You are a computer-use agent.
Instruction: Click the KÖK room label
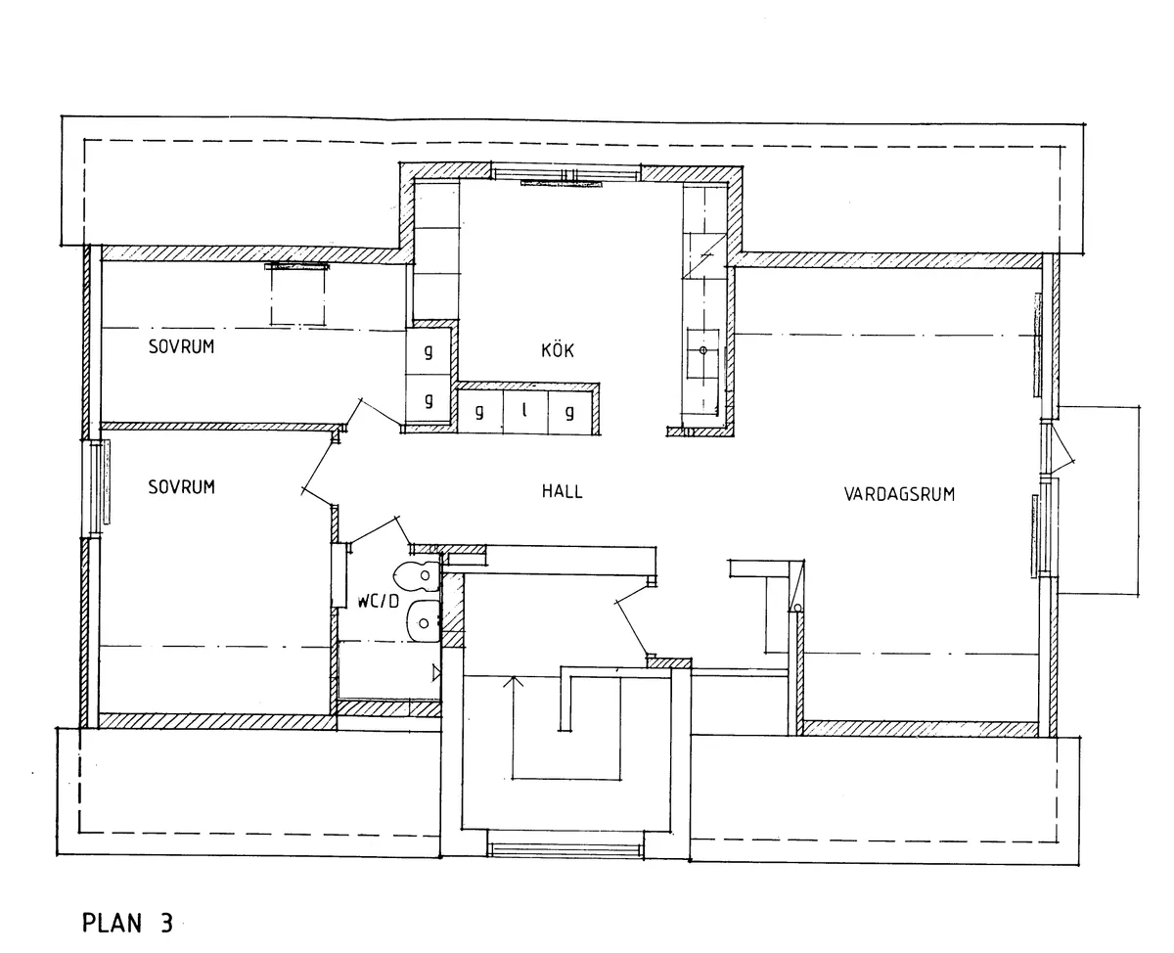pos(558,349)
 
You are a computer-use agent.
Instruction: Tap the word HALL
pos(562,491)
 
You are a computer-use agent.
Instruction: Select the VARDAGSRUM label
pos(899,494)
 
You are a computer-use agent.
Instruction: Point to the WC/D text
pos(378,602)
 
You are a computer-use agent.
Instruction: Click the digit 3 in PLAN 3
pos(166,923)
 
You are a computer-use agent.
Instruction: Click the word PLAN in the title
pos(112,923)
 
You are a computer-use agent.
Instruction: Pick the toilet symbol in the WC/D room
pos(417,575)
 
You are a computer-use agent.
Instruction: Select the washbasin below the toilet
pos(423,621)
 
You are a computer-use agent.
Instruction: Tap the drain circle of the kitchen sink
pos(702,350)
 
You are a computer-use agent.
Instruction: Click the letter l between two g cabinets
pos(524,410)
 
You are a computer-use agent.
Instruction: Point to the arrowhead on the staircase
pos(514,681)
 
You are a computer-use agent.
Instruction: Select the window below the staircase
pos(564,850)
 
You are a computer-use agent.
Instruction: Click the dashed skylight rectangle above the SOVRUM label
pos(297,295)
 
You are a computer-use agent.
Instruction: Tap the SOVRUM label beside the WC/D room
pos(181,487)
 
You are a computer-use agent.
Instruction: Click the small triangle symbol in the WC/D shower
pos(436,672)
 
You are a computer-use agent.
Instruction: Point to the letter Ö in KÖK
pos(558,349)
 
